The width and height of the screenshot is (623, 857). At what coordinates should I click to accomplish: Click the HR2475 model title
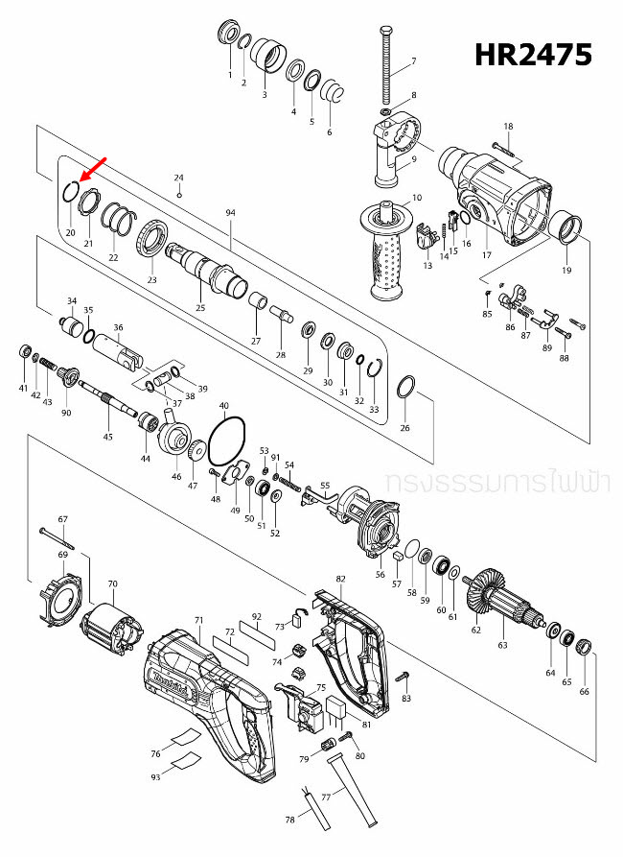[534, 55]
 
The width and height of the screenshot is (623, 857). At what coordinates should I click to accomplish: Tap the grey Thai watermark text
[496, 483]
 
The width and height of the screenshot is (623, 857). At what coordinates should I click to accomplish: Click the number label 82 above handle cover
[340, 580]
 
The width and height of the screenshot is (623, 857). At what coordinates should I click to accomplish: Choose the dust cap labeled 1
[229, 34]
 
